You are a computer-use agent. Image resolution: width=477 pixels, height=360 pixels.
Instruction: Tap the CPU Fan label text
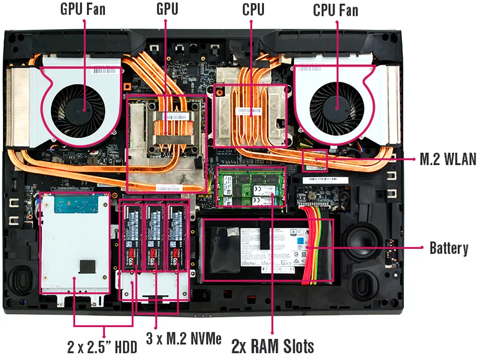point(335,9)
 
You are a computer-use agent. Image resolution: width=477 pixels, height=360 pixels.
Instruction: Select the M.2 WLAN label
point(448,159)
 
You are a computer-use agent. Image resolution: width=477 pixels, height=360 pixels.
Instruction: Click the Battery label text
point(449,249)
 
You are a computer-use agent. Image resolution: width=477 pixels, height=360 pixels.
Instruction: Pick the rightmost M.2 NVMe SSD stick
point(176,238)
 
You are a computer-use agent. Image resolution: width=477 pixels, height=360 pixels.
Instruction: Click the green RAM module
point(251,186)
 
